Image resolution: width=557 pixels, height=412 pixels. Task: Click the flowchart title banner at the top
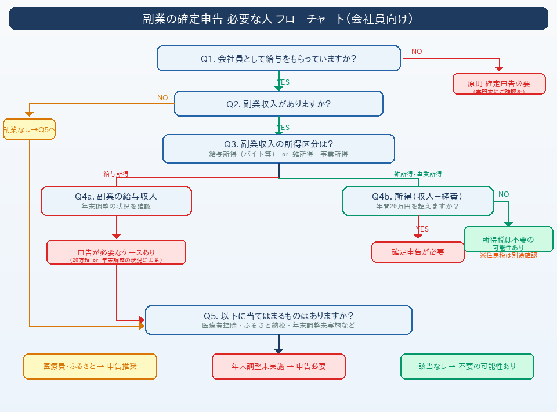[278, 19]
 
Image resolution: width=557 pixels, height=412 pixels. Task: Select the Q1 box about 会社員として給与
[278, 59]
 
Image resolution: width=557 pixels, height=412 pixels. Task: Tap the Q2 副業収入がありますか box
[278, 104]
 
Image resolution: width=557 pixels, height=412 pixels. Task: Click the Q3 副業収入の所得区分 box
[278, 149]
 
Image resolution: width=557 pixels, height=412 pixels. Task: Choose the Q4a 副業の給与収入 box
[116, 201]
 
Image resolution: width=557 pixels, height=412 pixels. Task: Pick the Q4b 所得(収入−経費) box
[417, 201]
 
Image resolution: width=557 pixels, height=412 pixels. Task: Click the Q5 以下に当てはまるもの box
[278, 320]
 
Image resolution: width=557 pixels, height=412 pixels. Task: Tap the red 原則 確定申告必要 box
[499, 84]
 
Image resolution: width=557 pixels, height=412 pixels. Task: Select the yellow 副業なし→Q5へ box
[29, 129]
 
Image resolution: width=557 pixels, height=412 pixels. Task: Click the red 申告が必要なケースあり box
[116, 252]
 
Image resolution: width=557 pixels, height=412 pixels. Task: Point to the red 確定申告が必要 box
[418, 252]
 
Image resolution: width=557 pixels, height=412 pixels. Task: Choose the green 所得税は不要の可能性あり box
[508, 240]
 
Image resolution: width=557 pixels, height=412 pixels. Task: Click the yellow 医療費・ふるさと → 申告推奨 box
[90, 367]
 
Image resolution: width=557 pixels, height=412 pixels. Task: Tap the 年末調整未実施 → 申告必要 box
[278, 367]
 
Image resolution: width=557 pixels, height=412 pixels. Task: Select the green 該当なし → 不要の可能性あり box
[467, 367]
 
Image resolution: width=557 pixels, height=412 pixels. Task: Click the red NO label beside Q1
[417, 52]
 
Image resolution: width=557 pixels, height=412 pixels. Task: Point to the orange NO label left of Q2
[162, 98]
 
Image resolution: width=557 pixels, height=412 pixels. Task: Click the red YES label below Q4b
[422, 229]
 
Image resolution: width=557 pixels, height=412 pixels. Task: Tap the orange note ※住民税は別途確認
[508, 255]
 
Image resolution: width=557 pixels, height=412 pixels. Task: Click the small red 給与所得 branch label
[116, 174]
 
